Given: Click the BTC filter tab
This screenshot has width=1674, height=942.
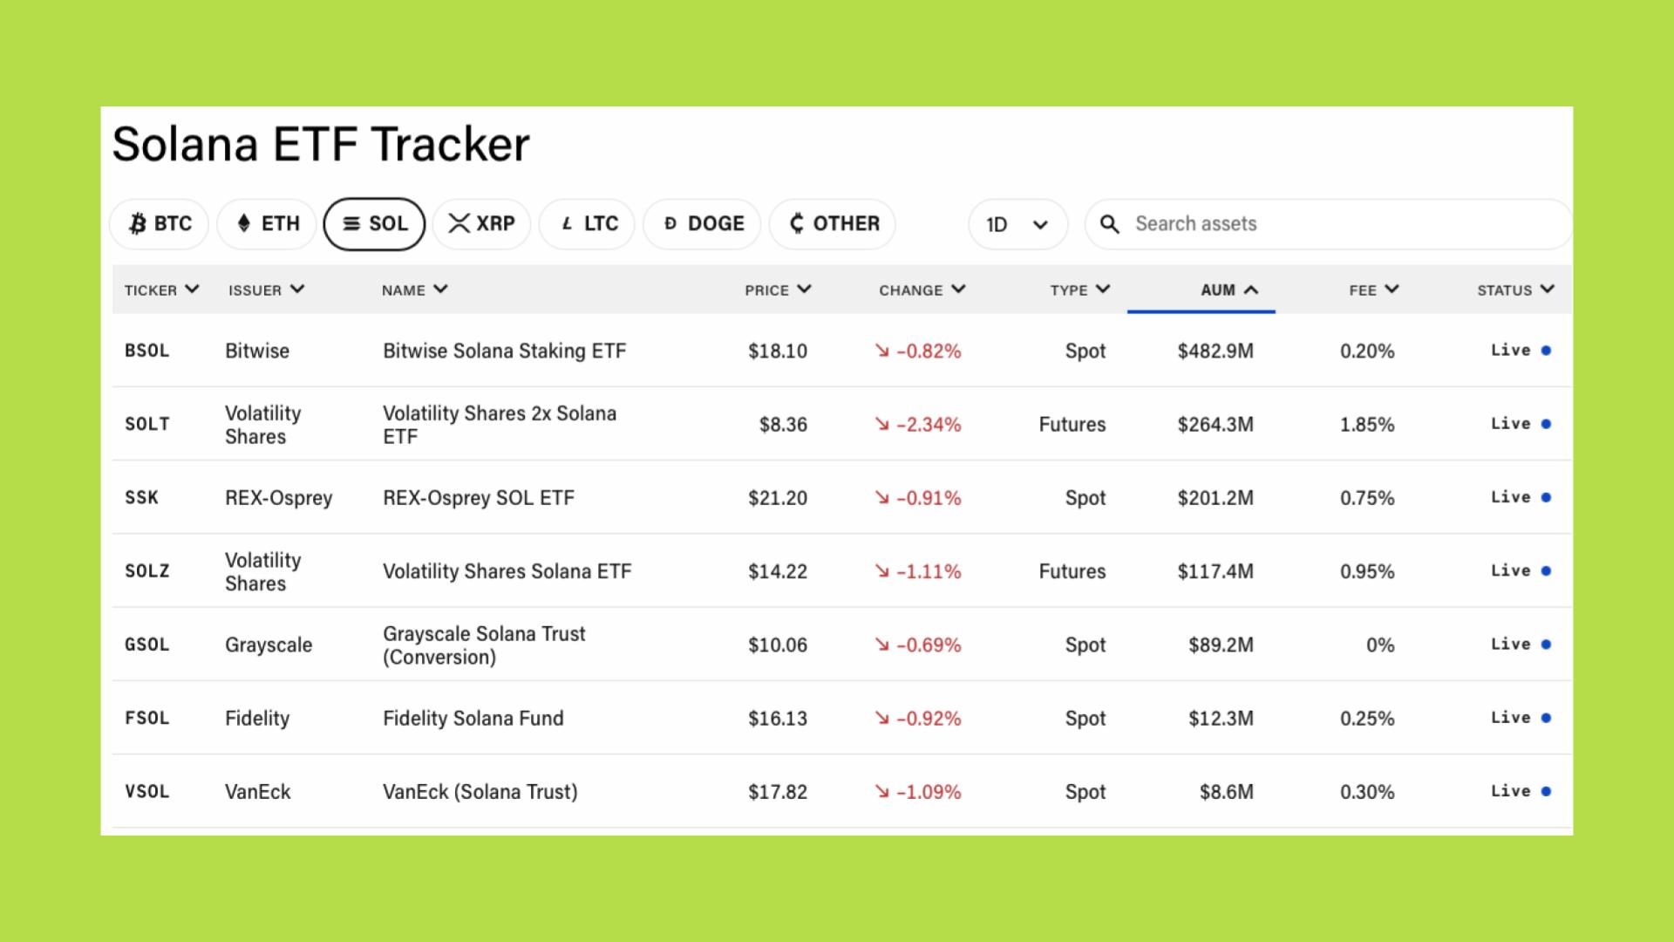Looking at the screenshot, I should coord(160,224).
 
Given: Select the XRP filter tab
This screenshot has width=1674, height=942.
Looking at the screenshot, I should coord(481,224).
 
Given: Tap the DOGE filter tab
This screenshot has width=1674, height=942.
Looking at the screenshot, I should coord(702,224).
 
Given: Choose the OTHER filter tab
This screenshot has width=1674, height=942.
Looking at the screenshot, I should coord(833,224).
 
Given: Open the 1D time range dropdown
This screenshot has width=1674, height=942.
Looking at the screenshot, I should coord(1017,225).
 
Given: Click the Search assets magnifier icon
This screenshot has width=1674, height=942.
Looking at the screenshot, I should coord(1109,224).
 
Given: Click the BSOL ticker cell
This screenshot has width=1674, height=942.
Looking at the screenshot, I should coord(147,351).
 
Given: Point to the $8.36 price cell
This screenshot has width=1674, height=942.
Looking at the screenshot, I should coord(783,425).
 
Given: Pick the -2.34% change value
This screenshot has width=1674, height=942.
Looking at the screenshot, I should coord(929,425).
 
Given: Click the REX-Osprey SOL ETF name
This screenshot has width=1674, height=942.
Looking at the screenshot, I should coord(479,498).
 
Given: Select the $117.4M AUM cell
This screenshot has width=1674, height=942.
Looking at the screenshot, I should coord(1215,571).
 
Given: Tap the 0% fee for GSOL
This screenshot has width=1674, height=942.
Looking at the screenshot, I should coord(1380,645).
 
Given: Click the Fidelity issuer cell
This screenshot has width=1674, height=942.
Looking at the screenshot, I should coord(257,719).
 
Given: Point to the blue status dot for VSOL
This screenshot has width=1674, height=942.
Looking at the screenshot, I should coord(1546,792).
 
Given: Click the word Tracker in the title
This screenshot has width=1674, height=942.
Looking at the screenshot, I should coord(450,144).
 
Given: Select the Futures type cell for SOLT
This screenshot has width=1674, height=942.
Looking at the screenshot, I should coord(1072,425).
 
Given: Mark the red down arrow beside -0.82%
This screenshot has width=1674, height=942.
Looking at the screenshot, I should coord(882,351).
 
